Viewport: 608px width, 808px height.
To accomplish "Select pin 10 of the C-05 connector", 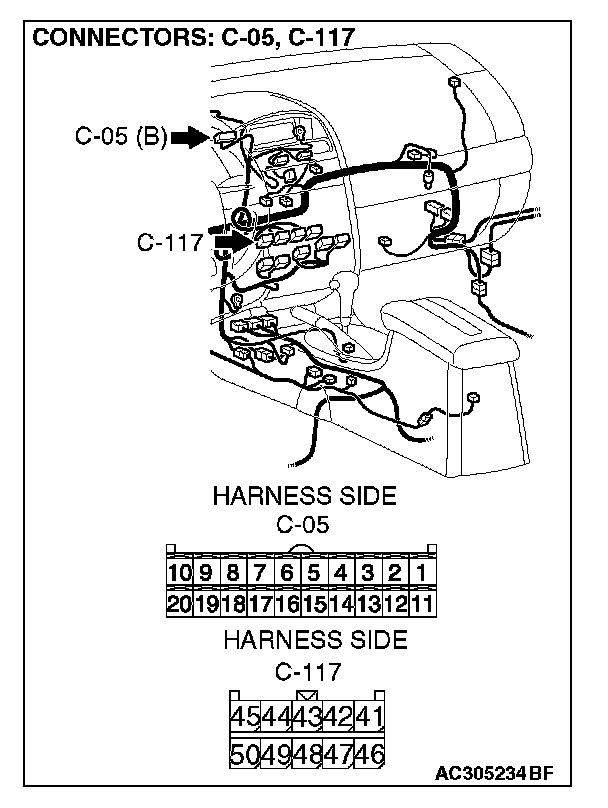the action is tap(179, 573).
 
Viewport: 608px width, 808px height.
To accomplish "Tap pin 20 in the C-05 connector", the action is tap(179, 603).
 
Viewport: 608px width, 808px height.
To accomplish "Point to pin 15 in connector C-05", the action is tap(313, 603).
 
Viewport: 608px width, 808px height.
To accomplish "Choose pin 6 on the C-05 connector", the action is tap(286, 573).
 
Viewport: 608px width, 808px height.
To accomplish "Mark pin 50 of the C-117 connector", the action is tap(245, 753).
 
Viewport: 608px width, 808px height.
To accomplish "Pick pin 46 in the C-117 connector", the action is tap(370, 753).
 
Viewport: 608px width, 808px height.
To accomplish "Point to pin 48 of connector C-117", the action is tap(307, 753).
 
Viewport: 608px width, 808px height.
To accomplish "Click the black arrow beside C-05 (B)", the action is tap(187, 137).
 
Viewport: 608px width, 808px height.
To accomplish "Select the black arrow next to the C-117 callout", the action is tap(230, 241).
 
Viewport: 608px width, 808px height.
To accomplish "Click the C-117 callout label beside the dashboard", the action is tap(170, 242).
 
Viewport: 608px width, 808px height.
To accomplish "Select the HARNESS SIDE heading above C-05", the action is tap(304, 496).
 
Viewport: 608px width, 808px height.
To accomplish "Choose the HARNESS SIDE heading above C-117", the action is tap(315, 639).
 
